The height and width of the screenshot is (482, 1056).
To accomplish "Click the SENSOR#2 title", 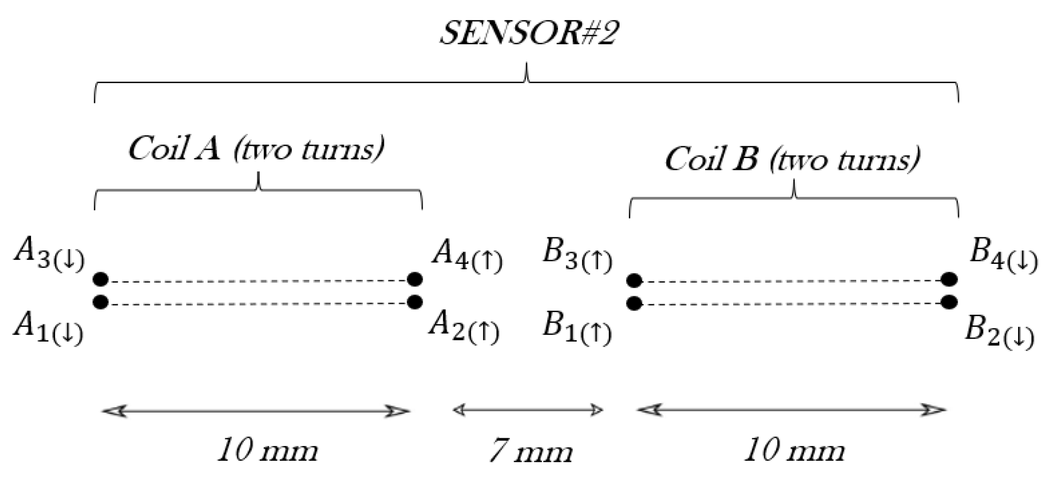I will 528,34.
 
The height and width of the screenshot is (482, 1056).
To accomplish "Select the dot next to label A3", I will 100,279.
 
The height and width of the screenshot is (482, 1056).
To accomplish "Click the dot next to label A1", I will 100,302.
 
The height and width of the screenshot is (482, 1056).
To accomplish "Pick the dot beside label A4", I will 415,279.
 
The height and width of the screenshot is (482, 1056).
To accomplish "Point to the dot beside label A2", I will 415,302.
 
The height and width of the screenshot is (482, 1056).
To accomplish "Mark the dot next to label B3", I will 634,281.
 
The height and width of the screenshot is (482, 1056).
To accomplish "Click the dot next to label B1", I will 634,303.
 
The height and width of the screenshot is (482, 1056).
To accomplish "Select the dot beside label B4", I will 949,280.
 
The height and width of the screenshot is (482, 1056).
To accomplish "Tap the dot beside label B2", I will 949,302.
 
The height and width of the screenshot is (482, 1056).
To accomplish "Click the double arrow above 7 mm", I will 528,410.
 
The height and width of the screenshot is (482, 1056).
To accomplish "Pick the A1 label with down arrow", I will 48,329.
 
